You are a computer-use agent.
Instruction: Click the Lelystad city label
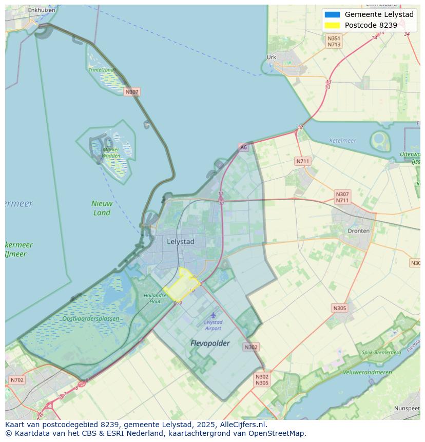click(x=180, y=241)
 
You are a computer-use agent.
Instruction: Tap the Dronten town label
click(x=358, y=231)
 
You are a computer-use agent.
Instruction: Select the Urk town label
click(x=272, y=57)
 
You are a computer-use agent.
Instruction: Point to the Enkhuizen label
click(x=42, y=10)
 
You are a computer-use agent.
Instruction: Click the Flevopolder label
click(x=210, y=343)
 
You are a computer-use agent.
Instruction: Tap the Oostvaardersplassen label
click(x=90, y=319)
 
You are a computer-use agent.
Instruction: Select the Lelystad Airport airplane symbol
click(x=213, y=315)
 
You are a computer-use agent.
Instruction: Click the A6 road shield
click(x=243, y=147)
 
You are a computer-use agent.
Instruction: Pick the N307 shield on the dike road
click(x=132, y=92)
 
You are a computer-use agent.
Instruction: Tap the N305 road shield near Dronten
click(x=339, y=308)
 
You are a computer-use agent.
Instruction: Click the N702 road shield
click(x=16, y=380)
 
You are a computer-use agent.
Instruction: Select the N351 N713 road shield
click(x=334, y=42)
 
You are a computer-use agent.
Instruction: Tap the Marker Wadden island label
click(x=110, y=152)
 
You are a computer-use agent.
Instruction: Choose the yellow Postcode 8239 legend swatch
click(x=332, y=25)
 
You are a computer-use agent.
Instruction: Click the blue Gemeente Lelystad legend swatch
click(x=332, y=14)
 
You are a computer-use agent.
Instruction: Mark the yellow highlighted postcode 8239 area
click(x=181, y=285)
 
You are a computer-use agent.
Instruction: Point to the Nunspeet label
click(x=407, y=408)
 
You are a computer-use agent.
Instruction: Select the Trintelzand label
click(x=101, y=69)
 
